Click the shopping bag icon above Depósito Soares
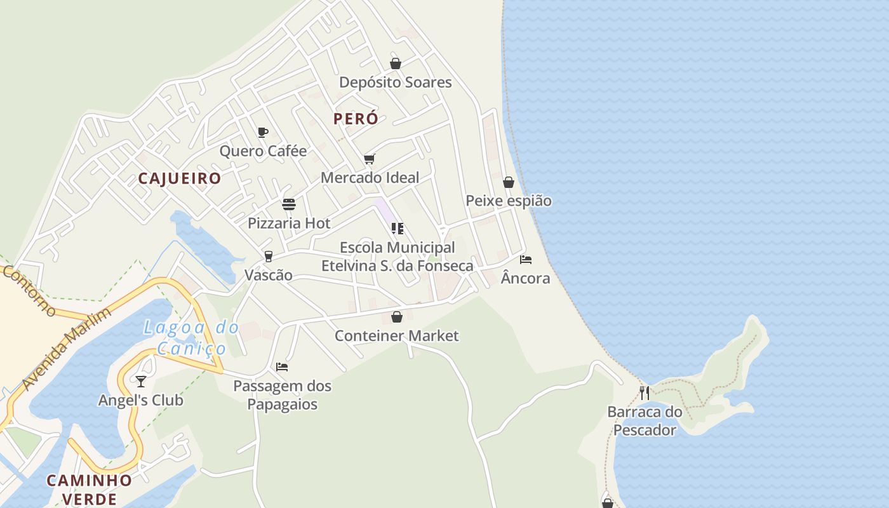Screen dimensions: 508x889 [x=396, y=63]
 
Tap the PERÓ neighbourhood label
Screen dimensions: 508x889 [x=356, y=119]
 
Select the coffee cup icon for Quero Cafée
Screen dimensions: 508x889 [x=263, y=132]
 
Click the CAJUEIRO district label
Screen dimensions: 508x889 [x=180, y=178]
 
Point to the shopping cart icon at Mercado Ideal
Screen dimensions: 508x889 [x=370, y=159]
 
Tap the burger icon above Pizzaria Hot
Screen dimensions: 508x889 [x=289, y=204]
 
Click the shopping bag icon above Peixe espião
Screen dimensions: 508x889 [x=509, y=182]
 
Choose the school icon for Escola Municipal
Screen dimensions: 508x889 [x=398, y=229]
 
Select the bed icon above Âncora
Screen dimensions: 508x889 [x=526, y=259]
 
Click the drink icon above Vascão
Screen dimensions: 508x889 [x=269, y=256]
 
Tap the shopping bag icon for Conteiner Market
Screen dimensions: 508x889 [x=397, y=316]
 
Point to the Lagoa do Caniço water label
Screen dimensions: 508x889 [x=191, y=338]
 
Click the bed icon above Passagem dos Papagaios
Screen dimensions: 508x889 [x=282, y=367]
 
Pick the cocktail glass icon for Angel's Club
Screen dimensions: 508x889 [x=141, y=381]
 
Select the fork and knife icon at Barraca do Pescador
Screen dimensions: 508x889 [x=645, y=393]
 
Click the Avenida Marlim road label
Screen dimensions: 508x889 [x=67, y=349]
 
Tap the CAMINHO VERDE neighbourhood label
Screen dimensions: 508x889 [x=89, y=489]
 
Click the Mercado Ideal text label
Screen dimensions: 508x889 [x=370, y=178]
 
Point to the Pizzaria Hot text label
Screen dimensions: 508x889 [x=289, y=223]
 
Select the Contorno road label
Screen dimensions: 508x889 [x=29, y=290]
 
